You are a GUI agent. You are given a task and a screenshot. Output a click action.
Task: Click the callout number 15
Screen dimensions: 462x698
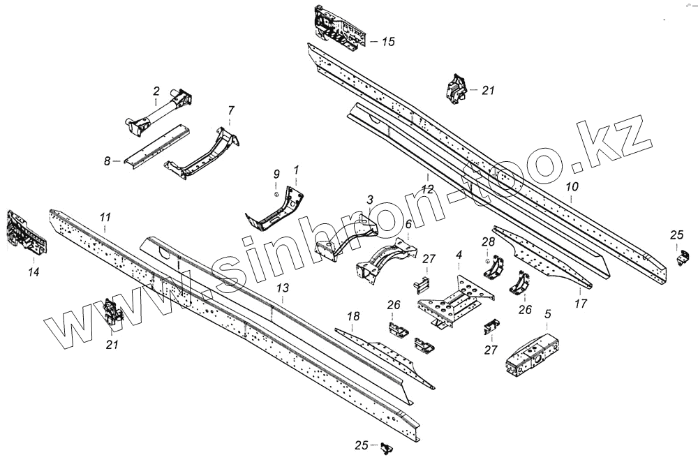(387, 42)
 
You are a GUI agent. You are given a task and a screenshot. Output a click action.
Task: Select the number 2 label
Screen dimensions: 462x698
(156, 91)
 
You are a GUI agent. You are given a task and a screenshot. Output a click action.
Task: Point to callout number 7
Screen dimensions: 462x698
(231, 110)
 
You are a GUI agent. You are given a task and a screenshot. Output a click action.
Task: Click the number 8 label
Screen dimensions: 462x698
(107, 161)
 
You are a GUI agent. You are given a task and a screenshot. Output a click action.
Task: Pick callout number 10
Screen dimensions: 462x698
(572, 187)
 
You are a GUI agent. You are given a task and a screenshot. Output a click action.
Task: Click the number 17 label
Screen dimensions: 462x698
(581, 304)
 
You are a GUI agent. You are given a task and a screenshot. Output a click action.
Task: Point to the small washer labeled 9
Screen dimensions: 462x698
(276, 193)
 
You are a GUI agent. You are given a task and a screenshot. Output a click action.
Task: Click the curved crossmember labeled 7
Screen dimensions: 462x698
(202, 150)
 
